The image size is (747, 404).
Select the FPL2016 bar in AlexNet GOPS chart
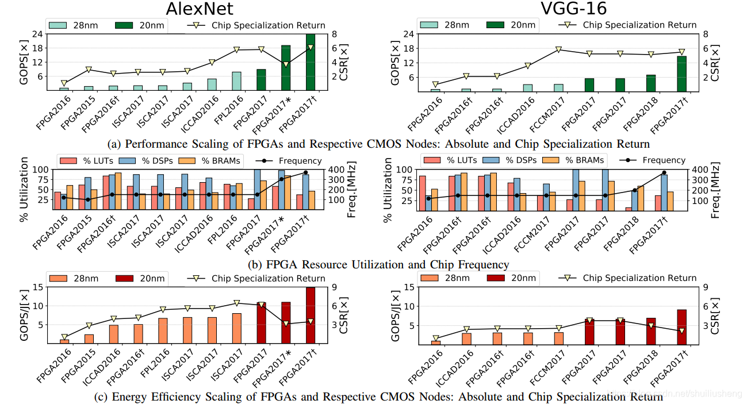(x=236, y=81)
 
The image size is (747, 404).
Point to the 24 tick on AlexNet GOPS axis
(x=37, y=34)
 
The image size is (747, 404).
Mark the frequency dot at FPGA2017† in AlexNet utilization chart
(x=305, y=172)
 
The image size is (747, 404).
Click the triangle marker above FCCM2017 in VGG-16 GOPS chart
(x=558, y=50)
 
